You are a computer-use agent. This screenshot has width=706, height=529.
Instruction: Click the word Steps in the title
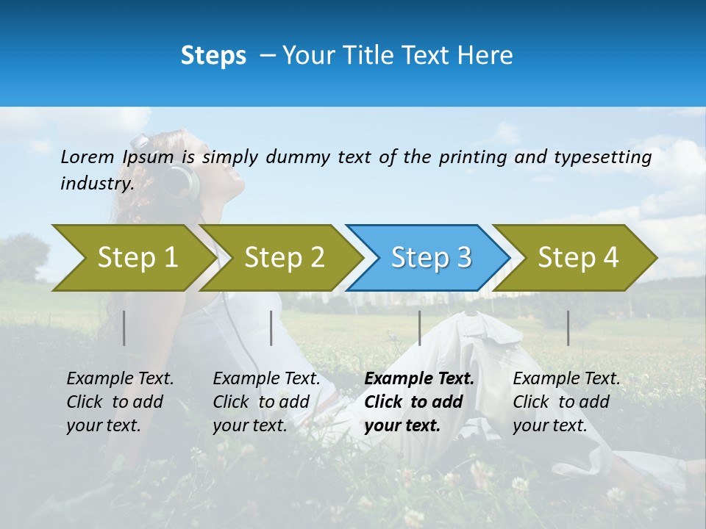pyautogui.click(x=213, y=56)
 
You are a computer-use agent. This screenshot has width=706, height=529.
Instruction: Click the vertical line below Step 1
pyautogui.click(x=124, y=328)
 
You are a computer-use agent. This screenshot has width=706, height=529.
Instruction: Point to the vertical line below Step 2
pyautogui.click(x=271, y=328)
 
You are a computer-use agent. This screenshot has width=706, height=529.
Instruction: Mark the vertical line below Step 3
pyautogui.click(x=420, y=328)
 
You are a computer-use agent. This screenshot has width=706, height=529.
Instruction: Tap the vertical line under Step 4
pyautogui.click(x=568, y=328)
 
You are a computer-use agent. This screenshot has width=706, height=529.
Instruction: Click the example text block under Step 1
pyautogui.click(x=120, y=402)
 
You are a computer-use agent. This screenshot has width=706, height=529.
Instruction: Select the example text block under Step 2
pyautogui.click(x=266, y=402)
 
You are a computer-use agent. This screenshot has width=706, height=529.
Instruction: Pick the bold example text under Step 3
pyautogui.click(x=419, y=402)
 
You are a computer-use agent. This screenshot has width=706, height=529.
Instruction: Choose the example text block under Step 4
pyautogui.click(x=566, y=402)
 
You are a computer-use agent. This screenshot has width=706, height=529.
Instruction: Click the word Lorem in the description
pyautogui.click(x=87, y=157)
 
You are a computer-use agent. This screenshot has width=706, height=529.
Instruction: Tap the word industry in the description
pyautogui.click(x=96, y=184)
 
